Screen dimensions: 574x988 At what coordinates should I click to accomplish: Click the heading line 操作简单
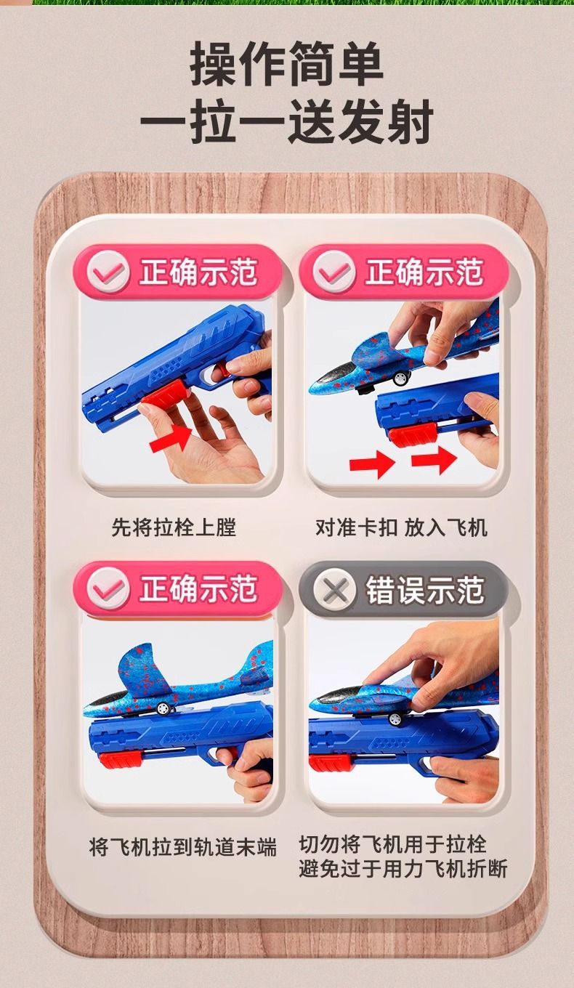tap(286, 63)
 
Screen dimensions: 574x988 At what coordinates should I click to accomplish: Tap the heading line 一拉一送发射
tap(287, 121)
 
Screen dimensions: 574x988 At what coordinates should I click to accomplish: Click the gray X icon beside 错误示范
tap(334, 589)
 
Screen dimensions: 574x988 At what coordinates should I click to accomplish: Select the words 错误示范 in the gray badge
tap(424, 590)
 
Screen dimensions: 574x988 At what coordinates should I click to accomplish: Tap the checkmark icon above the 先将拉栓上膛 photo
tap(108, 272)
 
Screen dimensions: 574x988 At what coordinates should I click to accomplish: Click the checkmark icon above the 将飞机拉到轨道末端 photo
tap(108, 589)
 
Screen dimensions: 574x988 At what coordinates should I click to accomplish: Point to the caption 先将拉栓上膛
tap(174, 527)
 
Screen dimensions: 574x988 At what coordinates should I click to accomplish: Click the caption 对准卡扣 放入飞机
tap(401, 527)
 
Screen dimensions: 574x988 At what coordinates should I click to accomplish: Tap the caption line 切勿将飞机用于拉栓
tap(392, 844)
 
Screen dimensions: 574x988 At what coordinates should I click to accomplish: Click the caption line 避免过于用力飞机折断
tap(403, 868)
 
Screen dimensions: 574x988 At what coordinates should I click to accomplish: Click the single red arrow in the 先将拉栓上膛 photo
tap(171, 438)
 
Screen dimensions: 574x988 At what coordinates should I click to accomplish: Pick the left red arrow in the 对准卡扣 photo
tap(372, 463)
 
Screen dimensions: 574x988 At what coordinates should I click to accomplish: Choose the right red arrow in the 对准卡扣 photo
tap(434, 460)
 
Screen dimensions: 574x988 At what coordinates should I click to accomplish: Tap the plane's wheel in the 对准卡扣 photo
tap(400, 378)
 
